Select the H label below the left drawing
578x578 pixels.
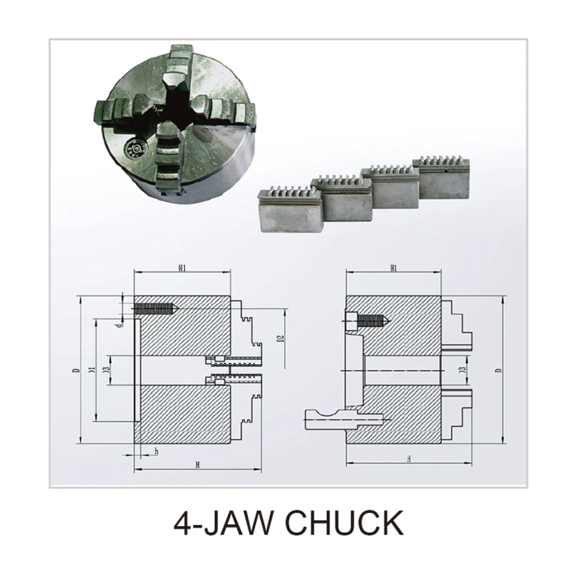tap(198, 466)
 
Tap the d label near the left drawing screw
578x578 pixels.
tap(119, 325)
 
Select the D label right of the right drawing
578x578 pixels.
tap(498, 370)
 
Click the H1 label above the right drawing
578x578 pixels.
tap(393, 268)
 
